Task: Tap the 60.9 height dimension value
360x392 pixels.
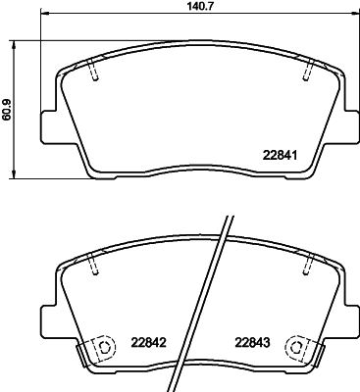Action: (x=9, y=107)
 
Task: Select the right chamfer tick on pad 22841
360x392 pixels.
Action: (x=308, y=71)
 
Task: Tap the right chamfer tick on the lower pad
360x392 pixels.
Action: (x=308, y=262)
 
